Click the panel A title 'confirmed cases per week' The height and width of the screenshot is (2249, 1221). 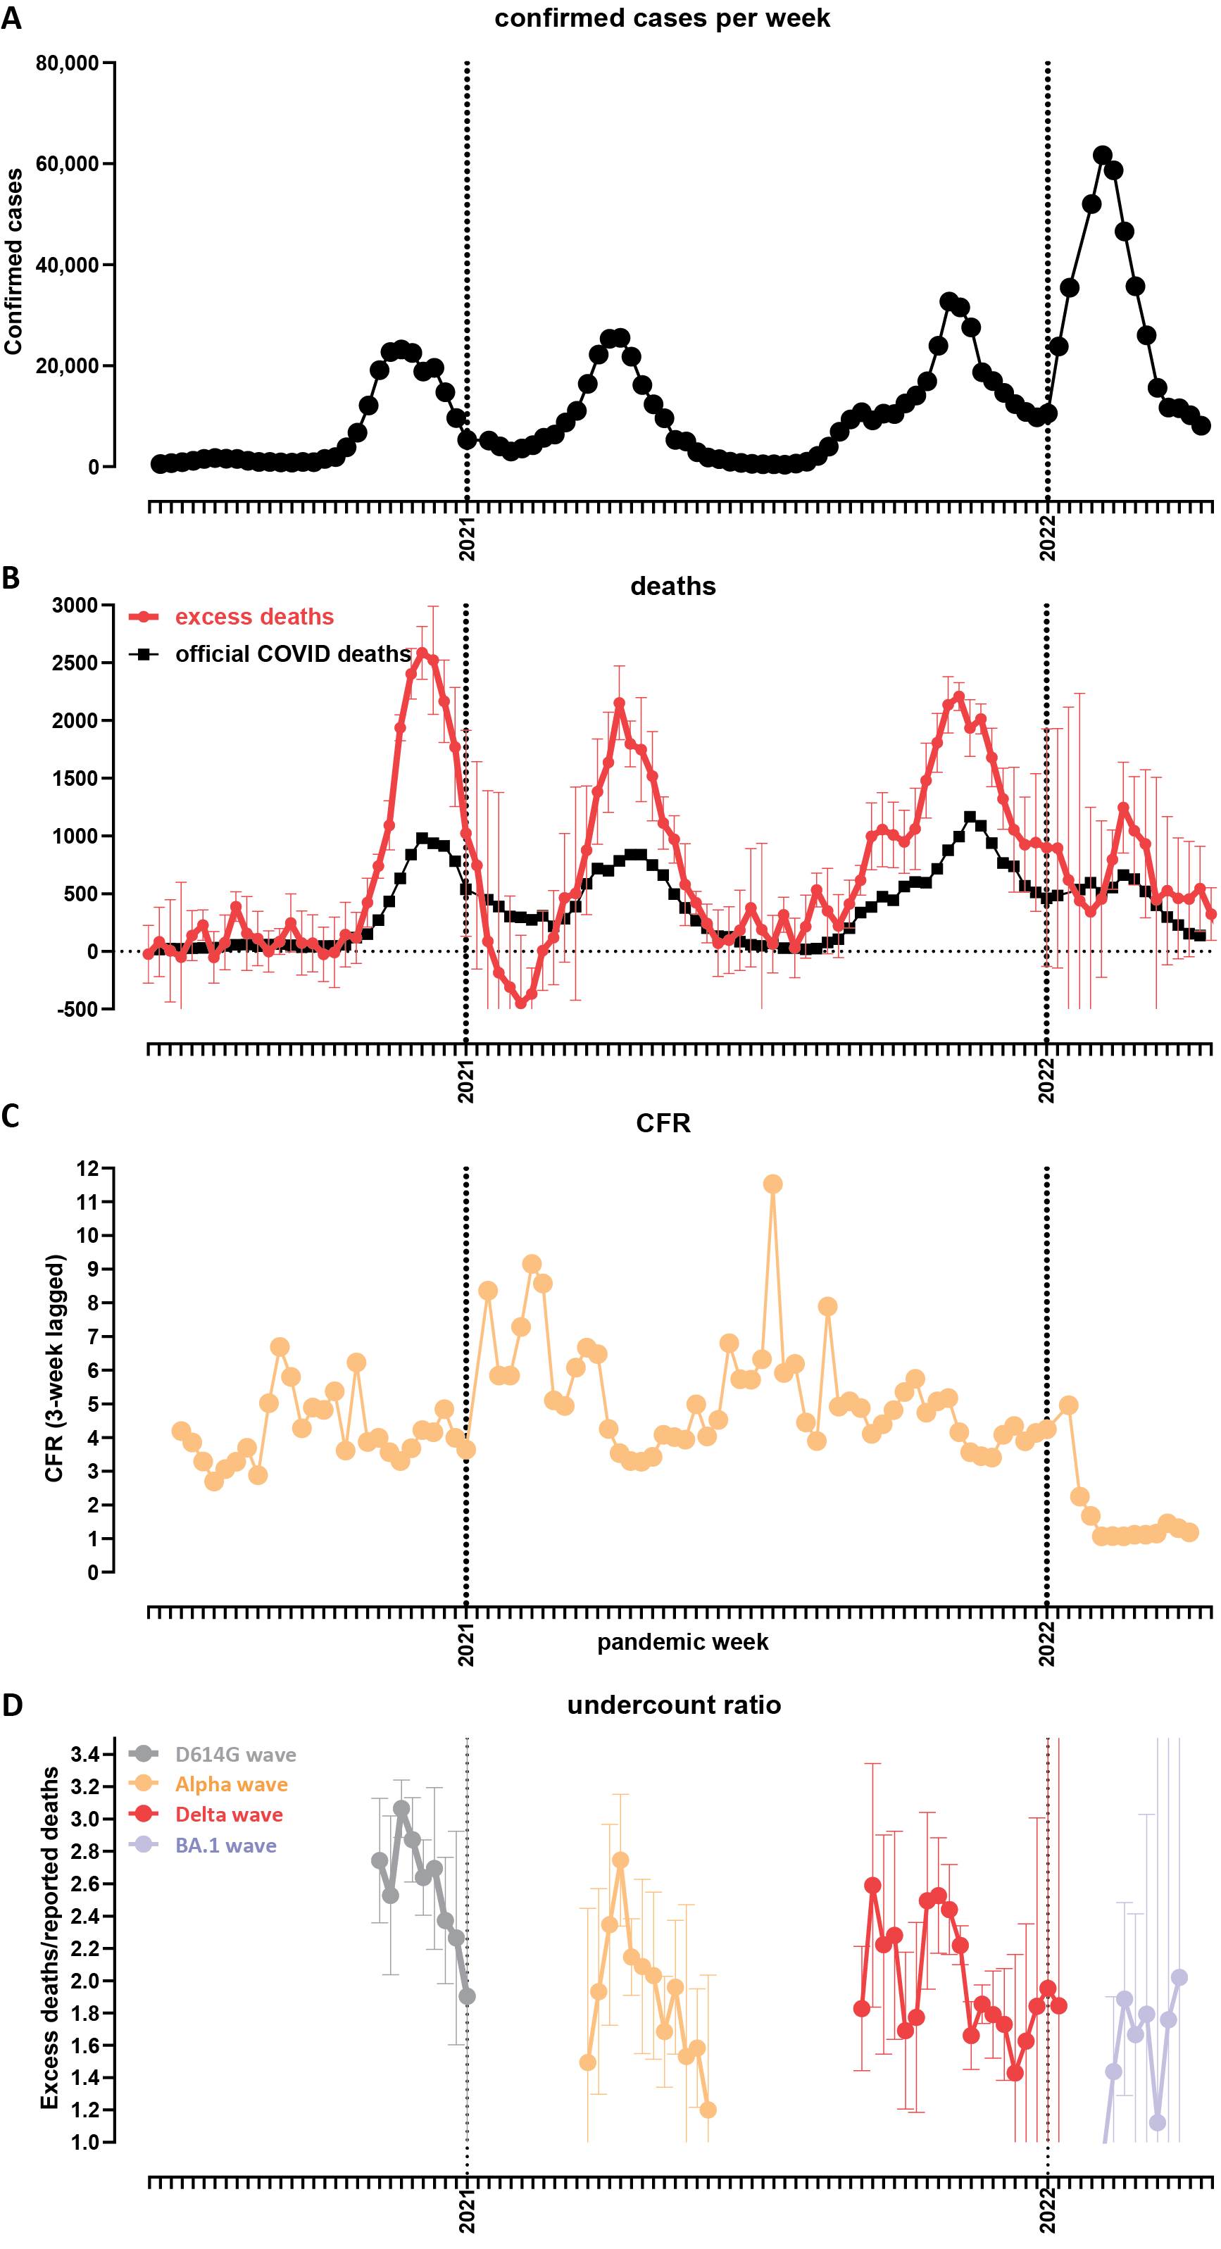tap(661, 18)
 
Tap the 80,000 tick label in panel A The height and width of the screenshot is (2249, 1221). tap(68, 63)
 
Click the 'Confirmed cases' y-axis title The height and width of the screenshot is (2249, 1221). tap(13, 262)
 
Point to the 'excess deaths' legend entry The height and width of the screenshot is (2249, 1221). tap(253, 618)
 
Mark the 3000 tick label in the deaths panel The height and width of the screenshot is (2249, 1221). tap(75, 605)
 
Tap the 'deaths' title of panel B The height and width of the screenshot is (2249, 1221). tap(672, 586)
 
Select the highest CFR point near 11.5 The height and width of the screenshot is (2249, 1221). tap(772, 1184)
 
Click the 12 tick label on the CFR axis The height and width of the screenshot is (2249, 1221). tap(88, 1168)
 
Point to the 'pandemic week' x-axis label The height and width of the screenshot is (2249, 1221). tap(682, 1642)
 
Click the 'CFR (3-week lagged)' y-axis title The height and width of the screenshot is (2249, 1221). tap(54, 1368)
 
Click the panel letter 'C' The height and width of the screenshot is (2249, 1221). tap(11, 1117)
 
